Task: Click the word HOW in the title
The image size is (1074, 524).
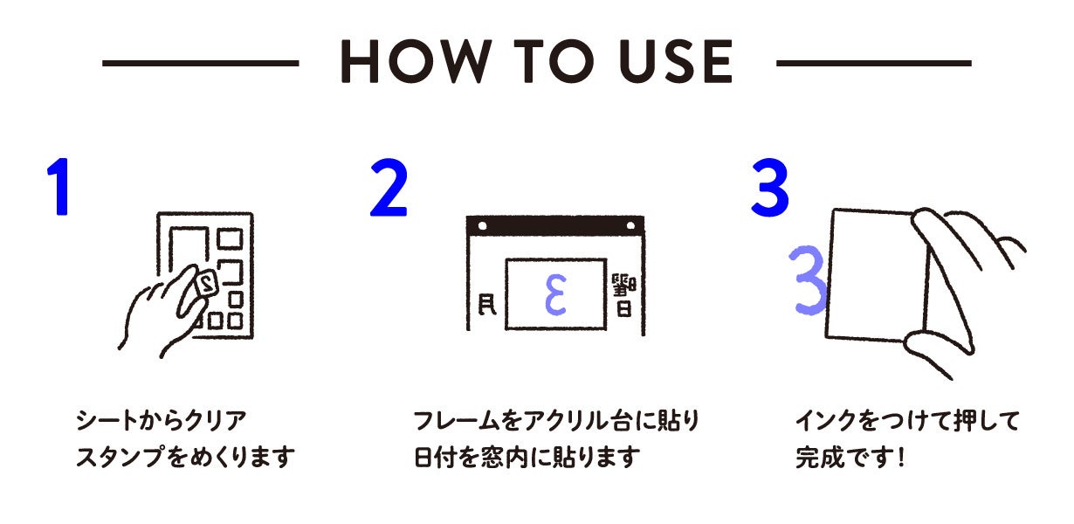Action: point(417,61)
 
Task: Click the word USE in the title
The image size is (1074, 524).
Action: point(675,61)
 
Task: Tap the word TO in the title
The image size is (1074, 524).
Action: point(551,61)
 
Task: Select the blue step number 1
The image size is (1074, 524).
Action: point(59,187)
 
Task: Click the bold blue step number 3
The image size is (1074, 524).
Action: point(769,188)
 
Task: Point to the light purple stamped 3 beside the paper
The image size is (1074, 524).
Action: point(809,280)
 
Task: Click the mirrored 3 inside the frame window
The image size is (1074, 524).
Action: point(555,295)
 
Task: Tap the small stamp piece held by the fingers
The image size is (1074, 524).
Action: point(206,284)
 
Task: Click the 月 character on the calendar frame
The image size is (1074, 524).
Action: point(487,305)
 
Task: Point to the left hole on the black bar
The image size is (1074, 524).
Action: point(482,226)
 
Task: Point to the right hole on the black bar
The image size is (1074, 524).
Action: point(631,226)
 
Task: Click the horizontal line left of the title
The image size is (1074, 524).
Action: point(201,63)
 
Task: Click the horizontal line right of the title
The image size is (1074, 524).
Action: point(873,63)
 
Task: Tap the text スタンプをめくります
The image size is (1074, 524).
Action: point(186,457)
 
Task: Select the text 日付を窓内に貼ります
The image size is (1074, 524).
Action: point(527,457)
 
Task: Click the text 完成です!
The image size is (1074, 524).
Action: point(850,457)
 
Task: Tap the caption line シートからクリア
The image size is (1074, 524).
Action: point(161,420)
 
